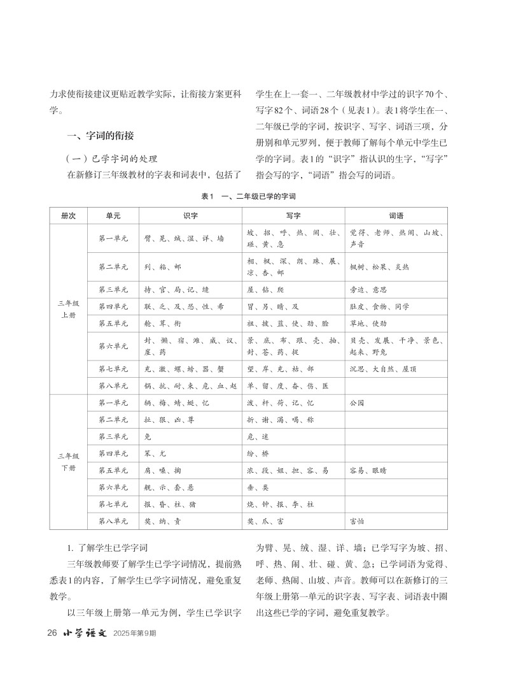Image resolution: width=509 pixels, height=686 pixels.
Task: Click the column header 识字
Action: pyautogui.click(x=190, y=216)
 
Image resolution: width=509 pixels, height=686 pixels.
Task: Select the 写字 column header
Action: pyautogui.click(x=293, y=216)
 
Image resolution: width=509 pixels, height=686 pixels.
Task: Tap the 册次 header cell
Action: pyautogui.click(x=68, y=216)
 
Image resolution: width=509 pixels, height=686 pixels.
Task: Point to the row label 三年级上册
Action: pyautogui.click(x=68, y=310)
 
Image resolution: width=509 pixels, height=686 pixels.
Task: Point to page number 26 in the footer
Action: pyautogui.click(x=53, y=634)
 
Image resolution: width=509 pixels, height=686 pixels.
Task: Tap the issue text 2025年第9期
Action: pyautogui.click(x=134, y=634)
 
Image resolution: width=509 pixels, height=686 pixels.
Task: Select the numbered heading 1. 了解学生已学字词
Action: pyautogui.click(x=108, y=548)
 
